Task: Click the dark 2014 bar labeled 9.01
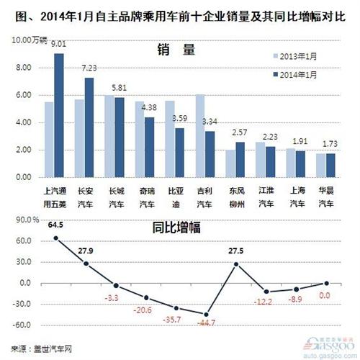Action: point(59,115)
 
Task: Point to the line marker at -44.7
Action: point(206,315)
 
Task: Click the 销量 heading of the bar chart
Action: point(176,50)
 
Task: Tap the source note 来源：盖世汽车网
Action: point(37,348)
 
